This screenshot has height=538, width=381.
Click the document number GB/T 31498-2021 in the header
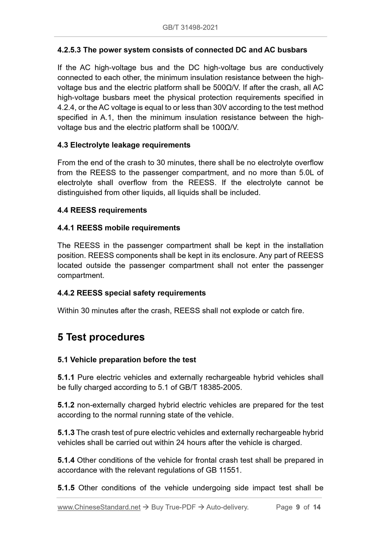190,27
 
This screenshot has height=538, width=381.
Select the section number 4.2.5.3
69,50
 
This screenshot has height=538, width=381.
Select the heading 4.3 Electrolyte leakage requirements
124,145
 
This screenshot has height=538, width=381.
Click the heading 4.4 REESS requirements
102,210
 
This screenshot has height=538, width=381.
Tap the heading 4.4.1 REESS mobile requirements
119,228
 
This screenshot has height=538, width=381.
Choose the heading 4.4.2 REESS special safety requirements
132,293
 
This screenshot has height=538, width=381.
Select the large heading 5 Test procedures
101,337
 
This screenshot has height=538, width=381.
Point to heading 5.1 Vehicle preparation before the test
127,360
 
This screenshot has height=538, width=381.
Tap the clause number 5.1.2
66,405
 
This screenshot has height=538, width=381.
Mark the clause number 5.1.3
66,433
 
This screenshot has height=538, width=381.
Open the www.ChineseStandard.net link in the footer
99,507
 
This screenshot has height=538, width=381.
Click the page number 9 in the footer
298,507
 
